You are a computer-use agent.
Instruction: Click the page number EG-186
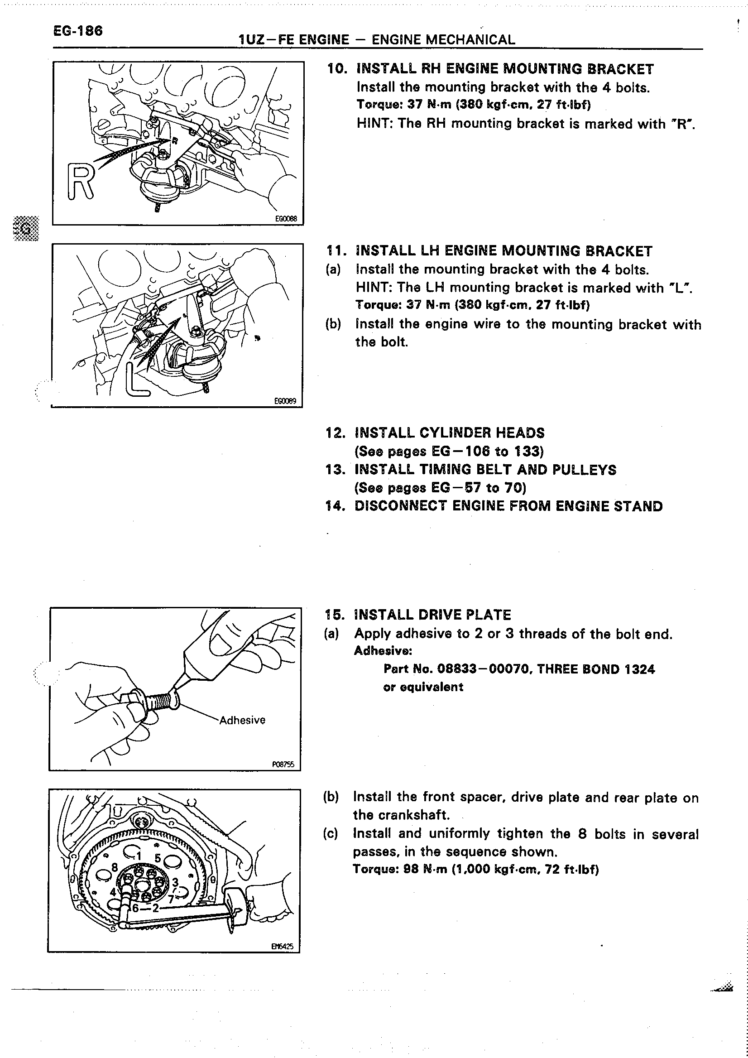[x=78, y=31]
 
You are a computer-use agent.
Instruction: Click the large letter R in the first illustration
[x=81, y=182]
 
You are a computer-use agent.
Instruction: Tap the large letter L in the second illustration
[x=137, y=380]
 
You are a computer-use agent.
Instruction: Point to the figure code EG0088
[x=286, y=219]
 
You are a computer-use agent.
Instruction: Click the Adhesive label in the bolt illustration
[x=242, y=720]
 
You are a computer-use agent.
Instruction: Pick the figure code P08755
[x=283, y=765]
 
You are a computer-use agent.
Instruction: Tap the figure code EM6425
[x=282, y=947]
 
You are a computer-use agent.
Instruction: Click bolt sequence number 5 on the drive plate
[x=158, y=858]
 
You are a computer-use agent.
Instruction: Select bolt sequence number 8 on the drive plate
[x=115, y=867]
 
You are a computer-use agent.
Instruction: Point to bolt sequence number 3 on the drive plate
[x=175, y=882]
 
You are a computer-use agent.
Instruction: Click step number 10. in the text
[x=337, y=69]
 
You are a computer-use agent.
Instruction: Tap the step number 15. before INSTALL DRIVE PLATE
[x=335, y=615]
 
